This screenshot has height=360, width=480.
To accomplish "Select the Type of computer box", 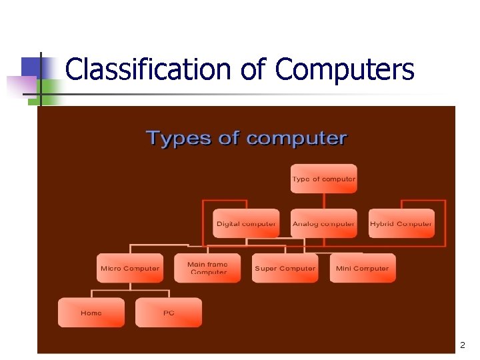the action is click(324, 179).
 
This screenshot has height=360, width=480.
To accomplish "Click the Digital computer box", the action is click(247, 223).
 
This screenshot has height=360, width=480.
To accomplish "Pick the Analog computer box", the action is click(324, 223).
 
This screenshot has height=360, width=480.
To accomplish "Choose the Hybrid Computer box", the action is click(401, 223).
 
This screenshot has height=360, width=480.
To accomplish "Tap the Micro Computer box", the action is click(130, 268).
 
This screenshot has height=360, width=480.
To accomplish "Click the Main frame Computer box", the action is click(208, 268).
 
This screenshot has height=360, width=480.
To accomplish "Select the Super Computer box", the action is click(285, 268).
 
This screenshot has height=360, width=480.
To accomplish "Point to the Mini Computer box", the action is click(363, 268).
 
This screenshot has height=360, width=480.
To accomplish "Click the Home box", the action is click(91, 313).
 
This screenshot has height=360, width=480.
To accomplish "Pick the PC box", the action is click(169, 313).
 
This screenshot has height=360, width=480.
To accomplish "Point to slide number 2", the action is click(461, 345).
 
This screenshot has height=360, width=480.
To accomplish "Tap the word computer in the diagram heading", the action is click(297, 139).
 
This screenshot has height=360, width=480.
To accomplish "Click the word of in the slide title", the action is click(253, 69).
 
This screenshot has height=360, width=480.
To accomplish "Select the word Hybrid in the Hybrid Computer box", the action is click(382, 224).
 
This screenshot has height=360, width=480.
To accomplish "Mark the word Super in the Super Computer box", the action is click(266, 269).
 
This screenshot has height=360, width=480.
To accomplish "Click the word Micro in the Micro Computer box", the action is click(111, 269).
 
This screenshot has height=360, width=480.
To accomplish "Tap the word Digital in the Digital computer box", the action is click(228, 224).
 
